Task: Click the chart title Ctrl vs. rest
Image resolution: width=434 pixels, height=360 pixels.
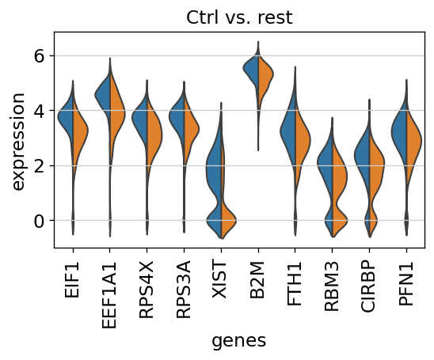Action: coord(239,17)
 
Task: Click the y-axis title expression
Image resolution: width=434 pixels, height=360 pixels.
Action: coord(18,142)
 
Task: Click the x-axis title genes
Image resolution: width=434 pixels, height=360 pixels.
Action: coord(239,341)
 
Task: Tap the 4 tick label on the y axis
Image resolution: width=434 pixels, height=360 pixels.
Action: coord(39,111)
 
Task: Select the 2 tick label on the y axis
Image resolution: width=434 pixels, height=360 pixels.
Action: coord(39,166)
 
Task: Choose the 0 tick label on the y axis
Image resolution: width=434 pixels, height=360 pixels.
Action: coord(39,221)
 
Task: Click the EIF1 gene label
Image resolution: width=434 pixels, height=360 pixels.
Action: coord(72,280)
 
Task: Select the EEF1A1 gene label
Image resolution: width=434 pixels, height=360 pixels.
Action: coord(109,295)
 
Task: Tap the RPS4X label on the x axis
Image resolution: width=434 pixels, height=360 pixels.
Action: coord(147,290)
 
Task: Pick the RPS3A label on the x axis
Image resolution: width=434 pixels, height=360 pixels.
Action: coord(184,290)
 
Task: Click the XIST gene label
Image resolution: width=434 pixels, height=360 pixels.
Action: coord(220,280)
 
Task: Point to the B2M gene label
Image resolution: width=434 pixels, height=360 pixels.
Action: coord(257,280)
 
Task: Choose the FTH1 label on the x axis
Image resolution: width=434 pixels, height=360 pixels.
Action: coord(295,284)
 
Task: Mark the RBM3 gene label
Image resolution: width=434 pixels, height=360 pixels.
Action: coord(332,286)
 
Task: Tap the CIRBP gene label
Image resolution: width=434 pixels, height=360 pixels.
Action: coord(368,286)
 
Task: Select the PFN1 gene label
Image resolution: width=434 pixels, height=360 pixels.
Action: coord(405,284)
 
